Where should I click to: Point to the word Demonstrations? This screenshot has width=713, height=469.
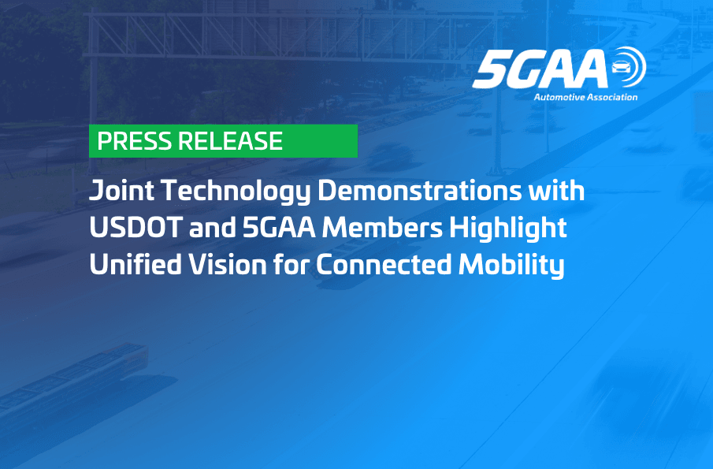click(x=419, y=190)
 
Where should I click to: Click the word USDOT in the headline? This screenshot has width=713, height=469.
click(x=136, y=228)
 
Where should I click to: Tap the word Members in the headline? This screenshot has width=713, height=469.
click(x=382, y=228)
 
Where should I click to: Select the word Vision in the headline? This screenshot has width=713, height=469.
click(x=228, y=265)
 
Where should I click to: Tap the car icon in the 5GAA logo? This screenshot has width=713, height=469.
click(x=620, y=67)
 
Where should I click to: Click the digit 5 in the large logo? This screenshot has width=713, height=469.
click(x=490, y=69)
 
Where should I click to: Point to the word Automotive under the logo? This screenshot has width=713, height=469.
click(x=559, y=97)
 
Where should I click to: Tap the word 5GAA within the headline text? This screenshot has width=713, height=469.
click(x=279, y=228)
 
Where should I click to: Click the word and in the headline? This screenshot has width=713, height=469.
click(x=213, y=228)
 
